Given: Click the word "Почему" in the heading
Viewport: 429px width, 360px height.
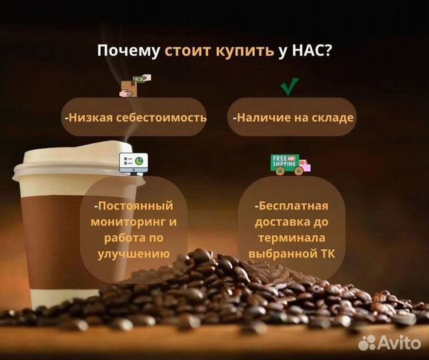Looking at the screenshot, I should tap(128, 51).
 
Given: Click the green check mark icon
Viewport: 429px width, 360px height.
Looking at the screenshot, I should tap(289, 87).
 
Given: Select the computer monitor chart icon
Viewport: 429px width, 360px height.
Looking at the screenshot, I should tap(133, 161).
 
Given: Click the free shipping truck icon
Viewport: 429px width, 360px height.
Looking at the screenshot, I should tap(290, 163).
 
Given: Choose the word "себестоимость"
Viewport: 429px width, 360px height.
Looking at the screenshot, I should tap(167, 117).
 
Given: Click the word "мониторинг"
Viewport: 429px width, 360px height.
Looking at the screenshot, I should tap(125, 221).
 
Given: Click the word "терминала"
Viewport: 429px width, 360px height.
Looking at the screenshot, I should tap(292, 237).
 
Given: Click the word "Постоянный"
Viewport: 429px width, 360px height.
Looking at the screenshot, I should tap(133, 205).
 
